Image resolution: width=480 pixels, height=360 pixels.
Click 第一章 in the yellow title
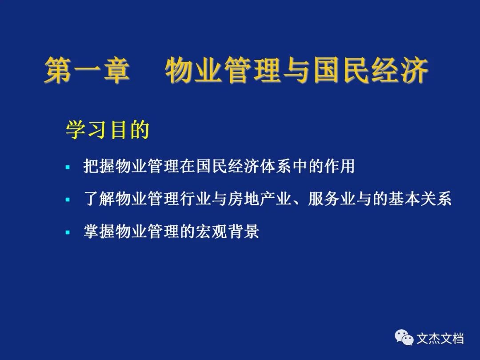click(x=87, y=70)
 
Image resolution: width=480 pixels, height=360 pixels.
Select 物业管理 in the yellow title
click(x=223, y=70)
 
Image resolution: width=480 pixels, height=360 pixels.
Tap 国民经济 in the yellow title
click(x=371, y=70)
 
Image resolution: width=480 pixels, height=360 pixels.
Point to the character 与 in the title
click(x=297, y=70)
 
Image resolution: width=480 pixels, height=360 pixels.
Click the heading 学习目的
click(x=108, y=130)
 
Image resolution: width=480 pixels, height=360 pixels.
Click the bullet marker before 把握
click(x=68, y=167)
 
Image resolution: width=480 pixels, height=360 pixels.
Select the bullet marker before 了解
click(x=68, y=200)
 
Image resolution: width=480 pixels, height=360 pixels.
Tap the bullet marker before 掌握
click(x=68, y=232)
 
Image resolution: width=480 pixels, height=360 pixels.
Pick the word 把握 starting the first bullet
click(x=99, y=166)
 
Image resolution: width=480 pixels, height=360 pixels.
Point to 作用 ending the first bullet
click(x=340, y=166)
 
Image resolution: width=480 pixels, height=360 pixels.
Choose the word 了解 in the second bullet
click(x=99, y=199)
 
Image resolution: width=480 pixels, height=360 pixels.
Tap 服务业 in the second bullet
click(x=332, y=199)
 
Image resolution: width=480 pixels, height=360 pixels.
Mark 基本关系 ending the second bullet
click(x=420, y=199)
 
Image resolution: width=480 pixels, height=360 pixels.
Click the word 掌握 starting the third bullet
click(x=99, y=232)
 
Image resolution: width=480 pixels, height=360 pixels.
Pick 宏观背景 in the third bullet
click(x=228, y=232)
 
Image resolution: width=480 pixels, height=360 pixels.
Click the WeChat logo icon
click(x=404, y=337)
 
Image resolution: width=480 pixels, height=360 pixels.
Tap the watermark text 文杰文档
click(x=440, y=339)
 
